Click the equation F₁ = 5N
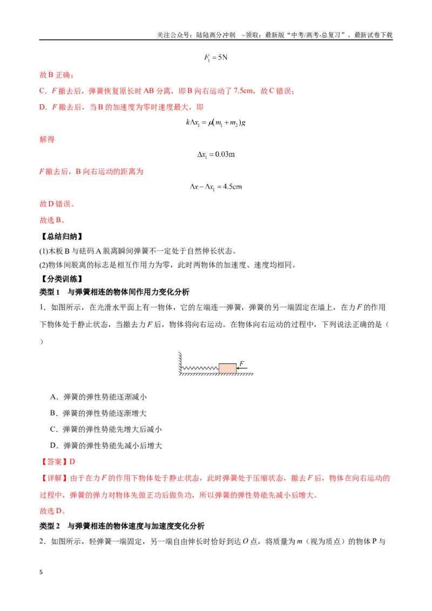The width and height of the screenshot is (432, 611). coord(215,58)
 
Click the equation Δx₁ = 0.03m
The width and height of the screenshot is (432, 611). coord(216,155)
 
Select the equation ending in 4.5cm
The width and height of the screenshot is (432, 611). coord(215,187)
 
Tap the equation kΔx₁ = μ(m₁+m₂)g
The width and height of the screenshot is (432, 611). coord(215,123)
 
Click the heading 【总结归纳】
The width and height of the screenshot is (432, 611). coord(61,236)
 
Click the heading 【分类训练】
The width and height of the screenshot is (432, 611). coord(61,279)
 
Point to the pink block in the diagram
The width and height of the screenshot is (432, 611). coord(227,368)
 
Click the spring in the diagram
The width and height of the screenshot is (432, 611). coord(200,368)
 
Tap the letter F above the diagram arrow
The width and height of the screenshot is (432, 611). coord(242,363)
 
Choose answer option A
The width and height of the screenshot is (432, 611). coord(98,397)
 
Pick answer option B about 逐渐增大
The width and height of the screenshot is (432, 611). coord(98,413)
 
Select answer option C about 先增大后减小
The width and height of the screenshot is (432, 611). coord(106,430)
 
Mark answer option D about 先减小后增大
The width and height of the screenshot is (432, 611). coord(106,446)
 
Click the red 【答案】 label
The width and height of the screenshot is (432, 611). coord(54,461)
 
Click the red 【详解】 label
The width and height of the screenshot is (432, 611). coord(54,478)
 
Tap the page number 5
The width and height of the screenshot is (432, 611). coord(41,572)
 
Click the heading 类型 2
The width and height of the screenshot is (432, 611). coord(50,526)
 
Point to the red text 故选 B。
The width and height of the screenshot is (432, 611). coord(52,220)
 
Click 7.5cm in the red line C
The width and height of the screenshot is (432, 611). coord(244,91)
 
